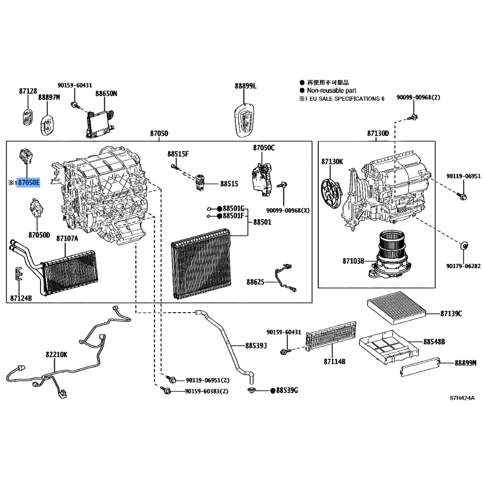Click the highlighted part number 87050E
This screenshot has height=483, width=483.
[x=28, y=183]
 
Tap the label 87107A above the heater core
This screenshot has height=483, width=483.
[x=67, y=238]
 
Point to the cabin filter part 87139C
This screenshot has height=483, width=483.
[x=397, y=307]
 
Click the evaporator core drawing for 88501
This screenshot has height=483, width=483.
[x=202, y=264]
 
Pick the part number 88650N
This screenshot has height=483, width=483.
[x=106, y=94]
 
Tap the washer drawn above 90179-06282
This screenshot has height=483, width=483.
[x=463, y=246]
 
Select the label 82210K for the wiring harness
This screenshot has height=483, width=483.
[x=56, y=354]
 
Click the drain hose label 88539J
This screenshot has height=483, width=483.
[x=256, y=345]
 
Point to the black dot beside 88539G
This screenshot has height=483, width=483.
[x=273, y=391]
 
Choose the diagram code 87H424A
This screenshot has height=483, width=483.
[x=462, y=398]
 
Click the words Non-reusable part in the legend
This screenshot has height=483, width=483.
[x=331, y=90]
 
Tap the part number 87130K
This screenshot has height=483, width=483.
[x=332, y=161]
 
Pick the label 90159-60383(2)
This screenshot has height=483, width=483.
[x=206, y=391]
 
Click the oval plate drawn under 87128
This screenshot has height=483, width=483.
[x=28, y=117]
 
